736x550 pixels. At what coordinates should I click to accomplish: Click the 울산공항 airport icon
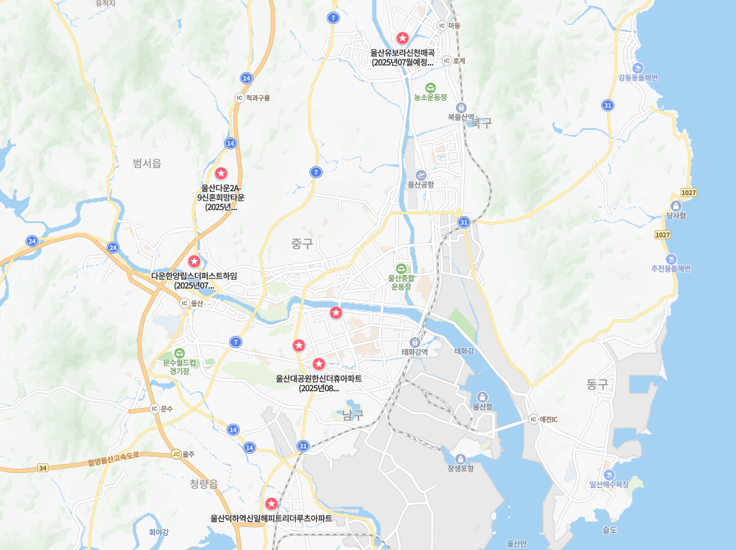pos(420,175)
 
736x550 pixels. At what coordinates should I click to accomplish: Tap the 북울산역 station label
pos(461,117)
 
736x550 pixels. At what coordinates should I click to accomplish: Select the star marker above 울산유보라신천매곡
pos(403,38)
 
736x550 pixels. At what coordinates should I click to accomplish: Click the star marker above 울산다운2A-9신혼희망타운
pos(221,173)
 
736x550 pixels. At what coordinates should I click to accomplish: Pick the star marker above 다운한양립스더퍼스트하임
pos(194,261)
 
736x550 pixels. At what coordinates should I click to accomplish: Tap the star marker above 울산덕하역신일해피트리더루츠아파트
pos(271,504)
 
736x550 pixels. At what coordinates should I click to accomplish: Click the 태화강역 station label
pos(414,352)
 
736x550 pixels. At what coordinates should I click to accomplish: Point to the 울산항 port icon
pos(482,396)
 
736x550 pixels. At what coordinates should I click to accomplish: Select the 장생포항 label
pos(461,468)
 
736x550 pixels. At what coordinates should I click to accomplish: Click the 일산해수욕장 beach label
pos(609,484)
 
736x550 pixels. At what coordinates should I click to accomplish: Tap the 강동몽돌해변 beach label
pos(638,78)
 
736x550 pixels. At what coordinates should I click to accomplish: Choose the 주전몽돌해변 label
pos(671,268)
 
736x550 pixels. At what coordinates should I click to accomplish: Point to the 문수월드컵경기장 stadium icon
pos(179,353)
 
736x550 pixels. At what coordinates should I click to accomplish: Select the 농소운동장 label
pos(430,98)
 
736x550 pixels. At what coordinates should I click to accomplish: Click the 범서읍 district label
pos(147,162)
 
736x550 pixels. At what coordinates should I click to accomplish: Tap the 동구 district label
pos(597,384)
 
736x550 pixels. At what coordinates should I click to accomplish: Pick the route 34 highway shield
pos(43,468)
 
